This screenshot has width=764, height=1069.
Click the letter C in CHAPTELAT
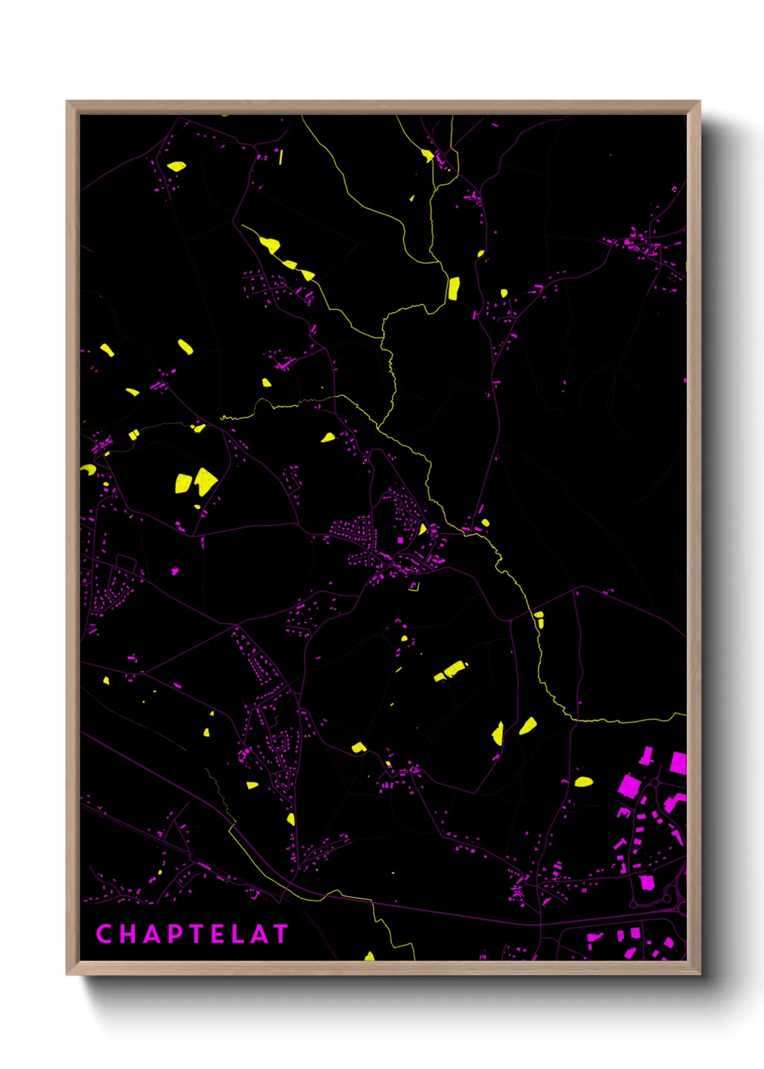tap(104, 934)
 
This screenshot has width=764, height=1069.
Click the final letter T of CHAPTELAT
tap(280, 934)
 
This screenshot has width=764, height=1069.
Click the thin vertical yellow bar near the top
tap(281, 157)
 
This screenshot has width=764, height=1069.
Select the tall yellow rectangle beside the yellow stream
tap(453, 288)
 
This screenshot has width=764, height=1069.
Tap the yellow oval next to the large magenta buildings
tap(583, 781)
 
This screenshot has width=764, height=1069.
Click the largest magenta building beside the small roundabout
tap(647, 882)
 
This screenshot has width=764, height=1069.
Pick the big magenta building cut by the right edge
tap(678, 763)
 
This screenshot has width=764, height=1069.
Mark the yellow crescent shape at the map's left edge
tap(88, 469)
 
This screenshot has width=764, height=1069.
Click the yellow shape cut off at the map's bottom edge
tap(370, 956)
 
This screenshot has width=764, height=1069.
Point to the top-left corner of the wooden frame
tap(67, 102)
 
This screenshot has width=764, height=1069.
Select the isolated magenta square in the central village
tap(400, 540)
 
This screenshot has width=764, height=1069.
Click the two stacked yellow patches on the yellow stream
tap(539, 619)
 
